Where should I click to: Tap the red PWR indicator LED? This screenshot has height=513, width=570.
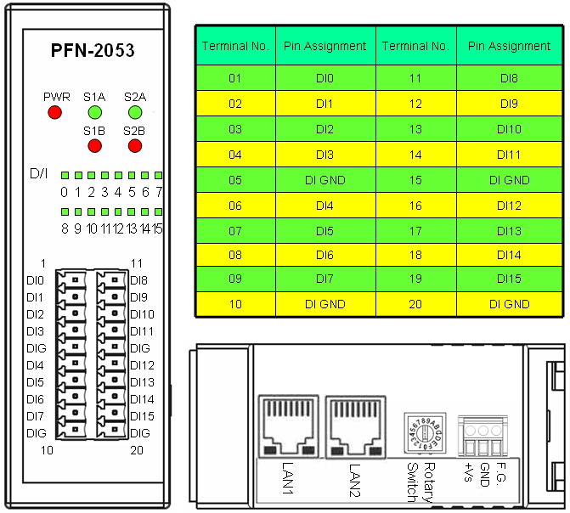pyautogui.click(x=55, y=112)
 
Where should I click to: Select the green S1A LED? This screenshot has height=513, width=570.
pyautogui.click(x=94, y=112)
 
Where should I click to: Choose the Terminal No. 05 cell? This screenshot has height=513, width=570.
pyautogui.click(x=235, y=180)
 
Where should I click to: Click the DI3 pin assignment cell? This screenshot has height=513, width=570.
pyautogui.click(x=325, y=155)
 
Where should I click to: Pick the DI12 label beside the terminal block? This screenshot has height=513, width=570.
pyautogui.click(x=142, y=365)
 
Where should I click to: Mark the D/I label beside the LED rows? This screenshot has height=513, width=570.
pyautogui.click(x=39, y=175)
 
